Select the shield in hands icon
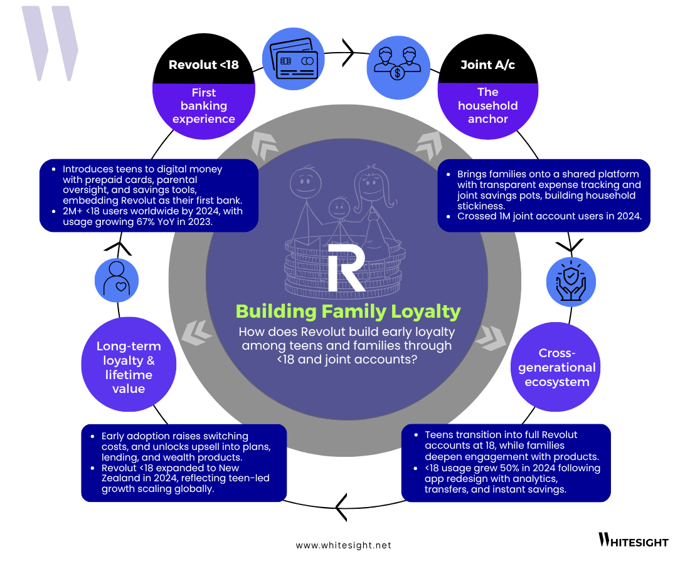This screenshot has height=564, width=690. click(x=570, y=281)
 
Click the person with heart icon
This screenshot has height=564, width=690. click(x=117, y=278)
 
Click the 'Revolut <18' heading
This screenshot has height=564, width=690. click(x=203, y=65)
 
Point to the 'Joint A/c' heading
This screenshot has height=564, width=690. click(x=487, y=65)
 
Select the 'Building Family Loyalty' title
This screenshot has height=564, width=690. click(x=348, y=311)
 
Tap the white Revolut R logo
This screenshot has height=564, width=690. click(x=346, y=268)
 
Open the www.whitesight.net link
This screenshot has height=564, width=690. click(x=343, y=545)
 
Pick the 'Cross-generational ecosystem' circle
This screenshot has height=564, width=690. click(x=557, y=367)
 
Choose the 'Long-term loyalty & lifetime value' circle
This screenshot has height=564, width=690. click(x=129, y=367)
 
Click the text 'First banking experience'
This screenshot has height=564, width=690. click(x=203, y=106)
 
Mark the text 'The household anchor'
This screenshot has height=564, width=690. click(x=487, y=105)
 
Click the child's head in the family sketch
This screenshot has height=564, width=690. click(x=339, y=207)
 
